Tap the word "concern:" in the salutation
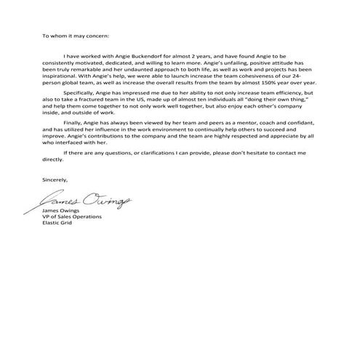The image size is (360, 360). [x=97, y=34]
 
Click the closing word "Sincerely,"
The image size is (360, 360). [x=55, y=179]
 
